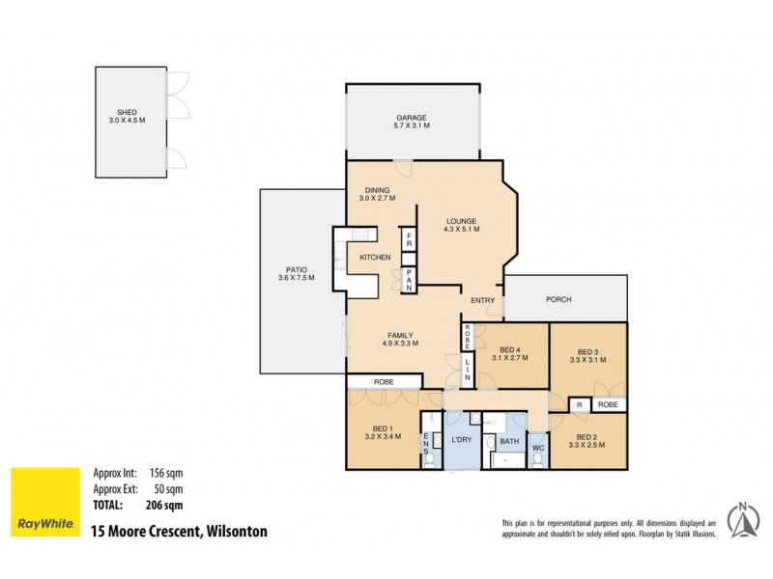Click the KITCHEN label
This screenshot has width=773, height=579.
coord(375,258)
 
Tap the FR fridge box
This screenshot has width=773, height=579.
coord(409,241)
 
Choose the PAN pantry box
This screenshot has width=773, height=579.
coord(409,279)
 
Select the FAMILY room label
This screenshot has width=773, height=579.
coord(399,337)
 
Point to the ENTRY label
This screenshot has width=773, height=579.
coord(482,301)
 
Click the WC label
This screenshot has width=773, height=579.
coord(538,447)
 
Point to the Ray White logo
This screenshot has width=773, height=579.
coord(45,503)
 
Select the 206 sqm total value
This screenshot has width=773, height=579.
coord(165,504)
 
